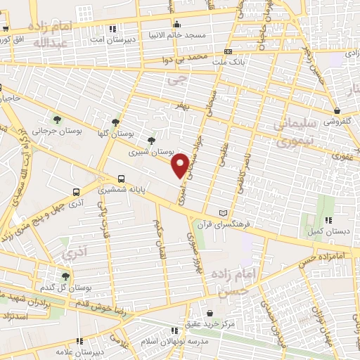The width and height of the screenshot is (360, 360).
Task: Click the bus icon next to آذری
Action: (x=75, y=191)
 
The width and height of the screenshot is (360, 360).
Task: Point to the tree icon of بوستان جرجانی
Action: (x=58, y=119)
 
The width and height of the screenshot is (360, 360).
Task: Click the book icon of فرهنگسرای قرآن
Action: (x=224, y=213)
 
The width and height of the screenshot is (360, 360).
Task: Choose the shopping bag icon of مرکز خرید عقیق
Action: (x=210, y=314)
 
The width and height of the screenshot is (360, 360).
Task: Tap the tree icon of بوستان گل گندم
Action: (x=65, y=276)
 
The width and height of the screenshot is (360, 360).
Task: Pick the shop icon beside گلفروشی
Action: (x=337, y=110)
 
